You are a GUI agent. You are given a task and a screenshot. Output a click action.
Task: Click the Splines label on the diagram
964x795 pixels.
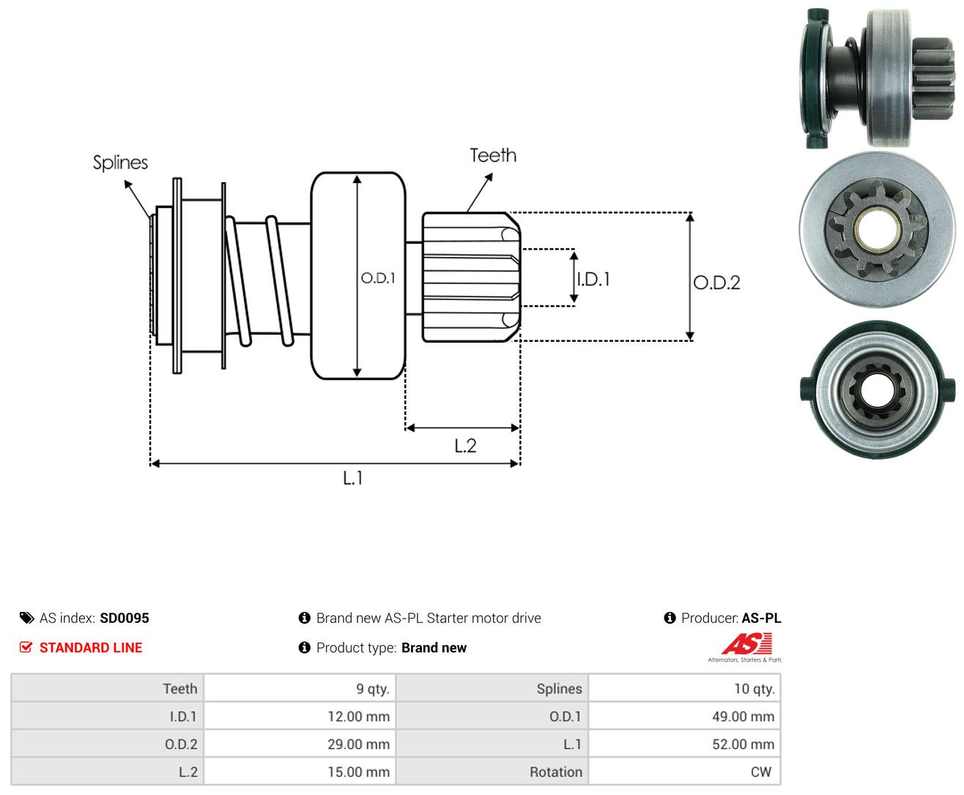coord(120,163)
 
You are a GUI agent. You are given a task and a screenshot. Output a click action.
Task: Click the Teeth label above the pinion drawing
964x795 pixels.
coord(493,155)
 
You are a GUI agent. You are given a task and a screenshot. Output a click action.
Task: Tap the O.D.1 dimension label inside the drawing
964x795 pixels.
coord(378,277)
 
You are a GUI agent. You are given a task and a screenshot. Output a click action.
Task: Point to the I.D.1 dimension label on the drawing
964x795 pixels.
coord(594,279)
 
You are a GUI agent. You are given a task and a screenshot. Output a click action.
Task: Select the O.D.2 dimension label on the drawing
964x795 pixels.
coord(716,283)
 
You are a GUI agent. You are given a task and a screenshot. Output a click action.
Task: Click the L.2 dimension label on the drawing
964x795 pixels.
coord(465,446)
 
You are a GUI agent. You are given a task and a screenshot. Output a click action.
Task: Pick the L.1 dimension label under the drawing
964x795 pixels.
coord(353,478)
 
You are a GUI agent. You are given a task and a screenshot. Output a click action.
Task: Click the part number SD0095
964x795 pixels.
coord(125,618)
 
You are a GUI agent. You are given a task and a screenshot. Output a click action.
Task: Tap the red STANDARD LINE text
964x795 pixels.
coord(91,647)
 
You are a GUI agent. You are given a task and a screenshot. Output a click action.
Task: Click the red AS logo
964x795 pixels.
coord(746,643)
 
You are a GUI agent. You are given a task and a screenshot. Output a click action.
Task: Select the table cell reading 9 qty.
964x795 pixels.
coord(300,688)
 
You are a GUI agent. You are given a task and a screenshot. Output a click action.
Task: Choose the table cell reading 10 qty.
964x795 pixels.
coord(685,688)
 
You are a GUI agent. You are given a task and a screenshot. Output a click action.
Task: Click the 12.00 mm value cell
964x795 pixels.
coord(300,716)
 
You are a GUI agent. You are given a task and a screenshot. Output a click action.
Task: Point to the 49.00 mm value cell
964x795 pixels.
coord(685,716)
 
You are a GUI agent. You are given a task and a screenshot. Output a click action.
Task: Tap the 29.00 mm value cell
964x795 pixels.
coord(300,744)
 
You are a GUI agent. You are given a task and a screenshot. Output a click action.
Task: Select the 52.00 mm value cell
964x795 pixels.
coord(685,744)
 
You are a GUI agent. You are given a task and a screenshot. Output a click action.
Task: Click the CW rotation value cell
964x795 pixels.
coord(685,772)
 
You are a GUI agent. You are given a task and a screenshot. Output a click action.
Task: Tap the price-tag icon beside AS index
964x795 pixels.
coord(27,618)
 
